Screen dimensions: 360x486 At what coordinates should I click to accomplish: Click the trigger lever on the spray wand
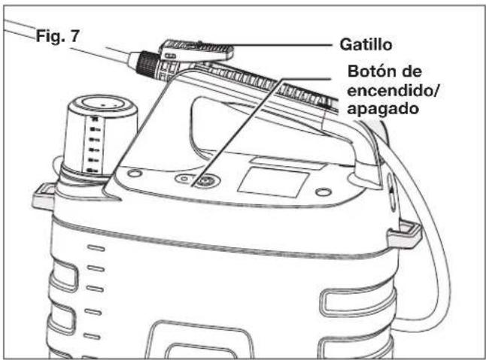pos(200,50)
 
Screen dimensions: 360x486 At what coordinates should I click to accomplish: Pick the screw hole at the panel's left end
pos(133,173)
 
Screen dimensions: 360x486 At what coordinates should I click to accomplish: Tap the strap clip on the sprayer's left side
pos(44,197)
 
